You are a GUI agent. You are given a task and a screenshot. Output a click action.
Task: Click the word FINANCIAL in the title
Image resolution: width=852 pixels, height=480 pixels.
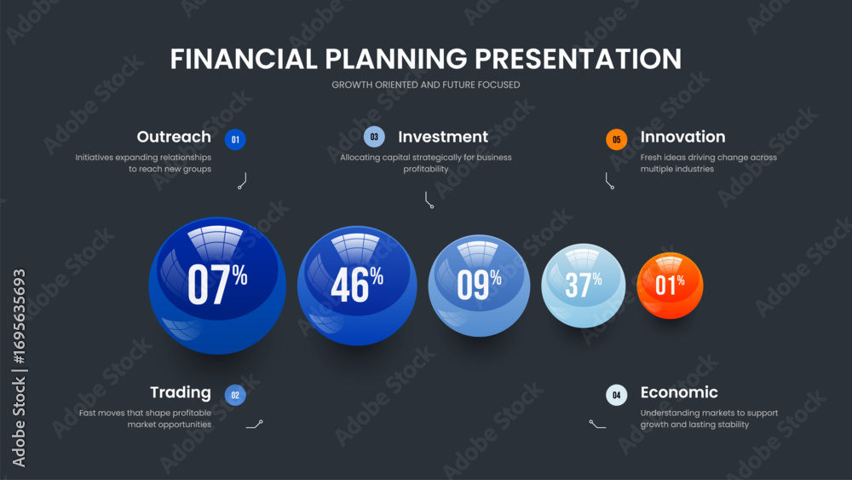coord(244,59)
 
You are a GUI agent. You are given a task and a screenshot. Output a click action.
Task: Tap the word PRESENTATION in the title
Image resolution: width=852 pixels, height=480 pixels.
coord(579,59)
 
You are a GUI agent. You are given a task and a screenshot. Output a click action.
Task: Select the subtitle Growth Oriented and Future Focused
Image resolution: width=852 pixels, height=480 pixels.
coord(426,84)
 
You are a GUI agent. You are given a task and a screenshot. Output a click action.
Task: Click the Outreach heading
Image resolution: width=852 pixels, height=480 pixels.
coord(174,136)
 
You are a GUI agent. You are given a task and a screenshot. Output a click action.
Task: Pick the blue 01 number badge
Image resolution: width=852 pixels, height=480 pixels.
coord(235,140)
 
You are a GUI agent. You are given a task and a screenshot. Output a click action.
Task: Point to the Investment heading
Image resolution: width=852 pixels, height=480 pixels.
coord(443,136)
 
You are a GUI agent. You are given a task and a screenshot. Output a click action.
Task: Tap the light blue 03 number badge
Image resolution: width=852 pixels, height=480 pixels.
coord(374,137)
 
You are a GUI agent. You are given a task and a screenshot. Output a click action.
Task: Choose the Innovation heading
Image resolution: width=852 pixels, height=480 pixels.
coord(682,136)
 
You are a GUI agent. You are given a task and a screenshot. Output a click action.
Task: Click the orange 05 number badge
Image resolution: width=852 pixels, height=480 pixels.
coord(616,140)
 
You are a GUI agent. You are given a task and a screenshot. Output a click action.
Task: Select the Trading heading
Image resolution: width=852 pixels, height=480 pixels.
coord(181,392)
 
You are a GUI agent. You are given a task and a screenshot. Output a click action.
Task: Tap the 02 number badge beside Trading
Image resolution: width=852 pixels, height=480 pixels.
coord(235,396)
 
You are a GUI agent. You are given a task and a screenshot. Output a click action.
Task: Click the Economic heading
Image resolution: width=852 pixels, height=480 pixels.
coord(679,392)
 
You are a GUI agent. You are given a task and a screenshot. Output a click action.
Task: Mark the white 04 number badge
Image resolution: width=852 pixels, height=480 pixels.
coord(616,396)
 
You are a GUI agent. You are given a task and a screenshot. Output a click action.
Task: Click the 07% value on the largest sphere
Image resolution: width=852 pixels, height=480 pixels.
coord(217,284)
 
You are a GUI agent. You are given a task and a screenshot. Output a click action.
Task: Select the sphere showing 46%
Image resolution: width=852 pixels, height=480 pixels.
coord(357,286)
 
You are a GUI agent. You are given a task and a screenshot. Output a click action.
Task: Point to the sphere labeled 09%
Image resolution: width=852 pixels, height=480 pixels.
coord(479,286)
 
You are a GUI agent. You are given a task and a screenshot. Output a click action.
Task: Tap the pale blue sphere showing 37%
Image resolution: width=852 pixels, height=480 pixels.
coord(583,286)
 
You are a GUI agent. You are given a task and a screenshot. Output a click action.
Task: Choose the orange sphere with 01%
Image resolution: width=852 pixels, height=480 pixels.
coord(670,286)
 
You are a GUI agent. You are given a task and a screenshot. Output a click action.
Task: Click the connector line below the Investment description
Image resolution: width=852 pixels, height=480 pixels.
coord(427,200)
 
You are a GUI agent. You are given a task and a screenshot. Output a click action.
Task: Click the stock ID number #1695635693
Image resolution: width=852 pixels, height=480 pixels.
coord(19,317)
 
